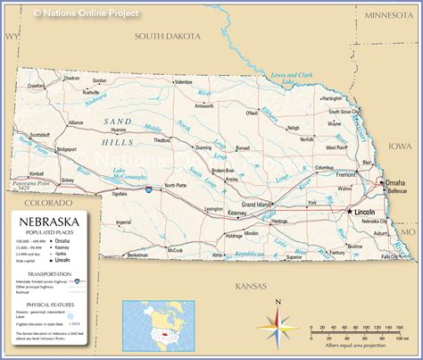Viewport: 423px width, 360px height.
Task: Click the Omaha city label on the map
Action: (395, 183)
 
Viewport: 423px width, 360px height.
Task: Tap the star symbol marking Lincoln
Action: (348, 212)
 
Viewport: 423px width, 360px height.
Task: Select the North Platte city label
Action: (175, 187)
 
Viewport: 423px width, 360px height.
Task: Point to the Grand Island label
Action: (270, 204)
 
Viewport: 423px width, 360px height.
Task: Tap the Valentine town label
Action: (182, 81)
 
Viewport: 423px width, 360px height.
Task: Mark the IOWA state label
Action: (399, 145)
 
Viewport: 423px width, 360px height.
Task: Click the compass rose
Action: (278, 323)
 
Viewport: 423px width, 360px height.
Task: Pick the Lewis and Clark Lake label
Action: (292, 79)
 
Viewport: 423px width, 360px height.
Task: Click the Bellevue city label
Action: (396, 191)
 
